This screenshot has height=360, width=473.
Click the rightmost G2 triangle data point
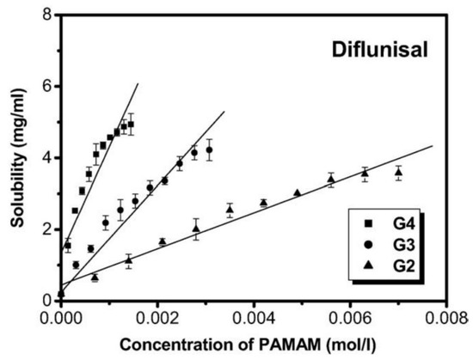point(398,173)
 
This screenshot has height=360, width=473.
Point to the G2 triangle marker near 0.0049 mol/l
point(297,193)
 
